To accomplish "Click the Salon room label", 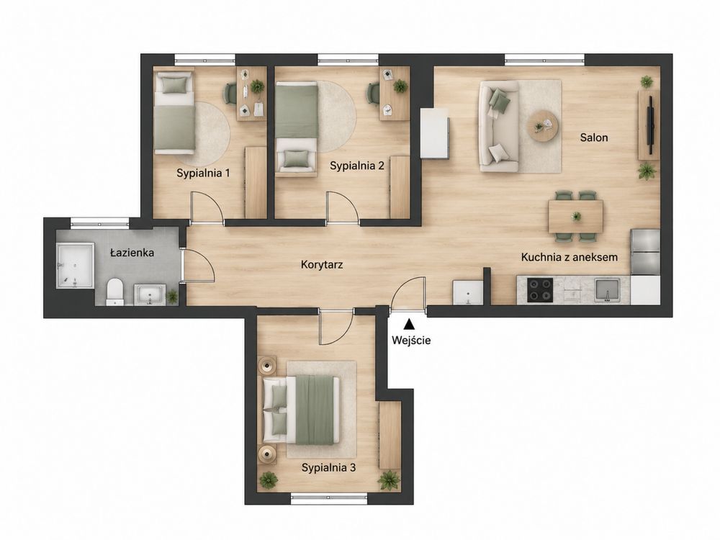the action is point(594,138).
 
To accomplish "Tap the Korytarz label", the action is point(321,264).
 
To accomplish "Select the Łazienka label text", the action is point(132,252).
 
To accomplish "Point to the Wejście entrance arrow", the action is point(408,325).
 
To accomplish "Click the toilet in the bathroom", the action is point(114,292).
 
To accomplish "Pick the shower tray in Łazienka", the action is point(75,266).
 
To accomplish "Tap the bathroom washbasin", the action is point(149,294).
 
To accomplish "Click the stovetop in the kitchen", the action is point(539,289).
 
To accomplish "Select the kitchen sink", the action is point(607,289).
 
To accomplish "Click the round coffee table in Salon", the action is point(543,126).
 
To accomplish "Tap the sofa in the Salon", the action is point(499,126).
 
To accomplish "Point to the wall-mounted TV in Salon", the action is point(651,125).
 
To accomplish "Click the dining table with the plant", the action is point(575,216).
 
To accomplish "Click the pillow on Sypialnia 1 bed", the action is point(175,84).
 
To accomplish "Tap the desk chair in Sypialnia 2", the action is point(372,94).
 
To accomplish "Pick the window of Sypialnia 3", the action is point(329,498).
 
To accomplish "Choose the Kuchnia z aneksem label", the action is point(569,257).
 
